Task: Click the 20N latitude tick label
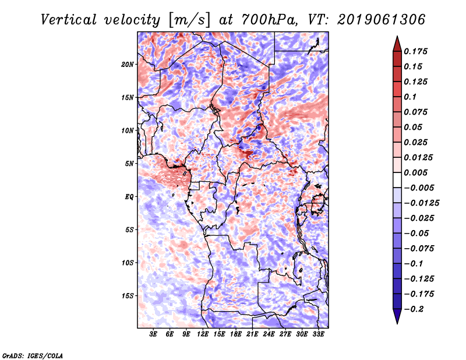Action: point(128,64)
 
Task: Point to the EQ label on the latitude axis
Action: point(129,197)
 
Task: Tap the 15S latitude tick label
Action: point(128,296)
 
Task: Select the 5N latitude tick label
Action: point(129,164)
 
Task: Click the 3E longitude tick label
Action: point(154,334)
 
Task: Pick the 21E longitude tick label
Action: point(252,334)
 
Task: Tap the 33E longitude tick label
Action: point(317,334)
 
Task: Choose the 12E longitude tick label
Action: point(203,334)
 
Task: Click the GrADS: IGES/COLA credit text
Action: point(32,355)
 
